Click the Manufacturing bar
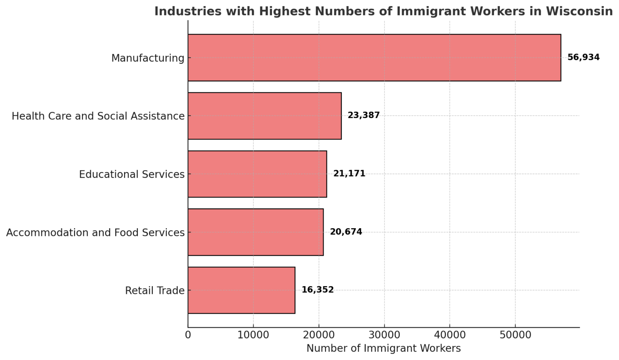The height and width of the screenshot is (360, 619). point(374,58)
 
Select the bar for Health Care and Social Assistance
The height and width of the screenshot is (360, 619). point(264,116)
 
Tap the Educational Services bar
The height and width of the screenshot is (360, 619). point(257,174)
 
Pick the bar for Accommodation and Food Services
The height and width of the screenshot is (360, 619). point(255,232)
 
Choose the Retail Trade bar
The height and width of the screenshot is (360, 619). point(241,290)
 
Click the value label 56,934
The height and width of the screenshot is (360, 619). point(583,57)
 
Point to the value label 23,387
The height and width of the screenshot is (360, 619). point(364,115)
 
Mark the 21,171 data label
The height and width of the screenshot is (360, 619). point(349,174)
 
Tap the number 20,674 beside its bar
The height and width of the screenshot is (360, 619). point(346,232)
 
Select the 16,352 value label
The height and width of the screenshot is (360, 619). point(318,290)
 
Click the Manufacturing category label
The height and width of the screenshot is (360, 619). point(147,58)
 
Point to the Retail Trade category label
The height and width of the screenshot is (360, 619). point(155,290)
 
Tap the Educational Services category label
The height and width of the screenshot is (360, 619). point(131,174)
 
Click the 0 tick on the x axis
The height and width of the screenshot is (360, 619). point(188,335)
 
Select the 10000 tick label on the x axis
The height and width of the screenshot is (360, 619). point(253,335)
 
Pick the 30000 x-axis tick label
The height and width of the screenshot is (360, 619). point(384,335)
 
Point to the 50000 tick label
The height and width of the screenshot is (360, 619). point(515,335)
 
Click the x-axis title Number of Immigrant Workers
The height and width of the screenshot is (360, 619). point(383,348)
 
